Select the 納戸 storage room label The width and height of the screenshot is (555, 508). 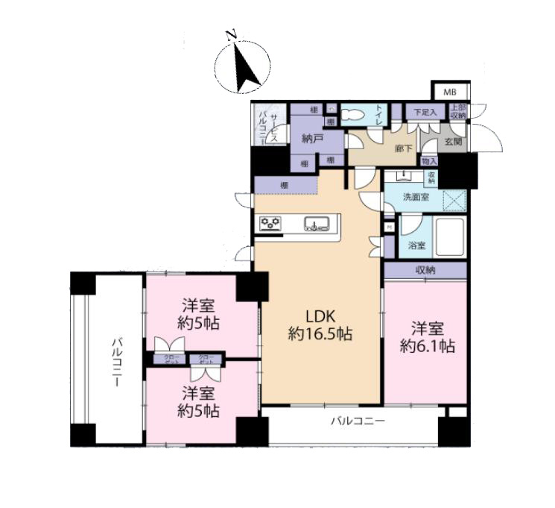click(311, 138)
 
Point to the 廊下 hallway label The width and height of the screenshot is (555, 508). click(403, 149)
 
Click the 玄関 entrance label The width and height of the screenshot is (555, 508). click(454, 142)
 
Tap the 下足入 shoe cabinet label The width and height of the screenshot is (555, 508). click(425, 112)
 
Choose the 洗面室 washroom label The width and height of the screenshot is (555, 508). click(416, 198)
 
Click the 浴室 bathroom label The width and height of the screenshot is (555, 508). click(416, 245)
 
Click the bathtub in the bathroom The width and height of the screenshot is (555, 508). click(449, 237)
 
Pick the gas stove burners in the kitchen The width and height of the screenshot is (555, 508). click(270, 223)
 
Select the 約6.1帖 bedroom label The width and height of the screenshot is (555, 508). click(427, 336)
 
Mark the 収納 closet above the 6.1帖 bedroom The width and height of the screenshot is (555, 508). click(425, 269)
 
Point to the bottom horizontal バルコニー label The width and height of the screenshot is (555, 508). click(358, 422)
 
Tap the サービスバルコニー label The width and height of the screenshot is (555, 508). click(269, 124)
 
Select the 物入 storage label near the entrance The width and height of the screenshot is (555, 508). click(428, 161)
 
